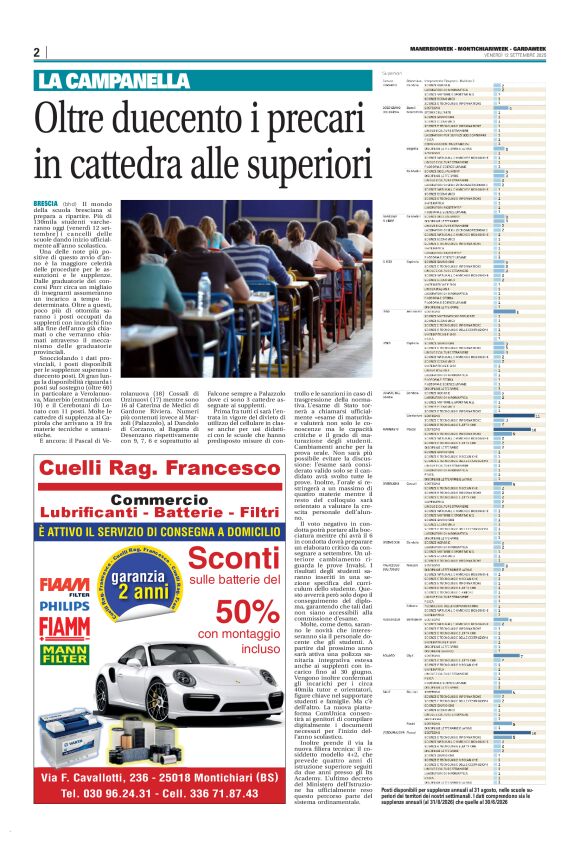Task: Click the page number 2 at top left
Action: pyautogui.click(x=37, y=52)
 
